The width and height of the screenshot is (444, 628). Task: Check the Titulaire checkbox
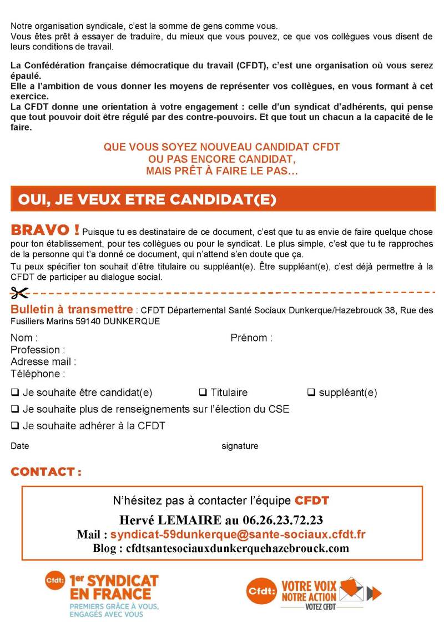[203, 393]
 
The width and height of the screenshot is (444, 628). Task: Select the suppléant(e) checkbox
[311, 393]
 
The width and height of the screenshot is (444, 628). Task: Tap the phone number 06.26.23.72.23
[282, 520]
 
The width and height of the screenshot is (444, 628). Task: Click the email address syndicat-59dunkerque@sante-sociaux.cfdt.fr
[238, 534]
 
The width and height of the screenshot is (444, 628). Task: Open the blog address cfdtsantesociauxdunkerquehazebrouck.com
[238, 548]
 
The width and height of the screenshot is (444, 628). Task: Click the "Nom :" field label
[24, 338]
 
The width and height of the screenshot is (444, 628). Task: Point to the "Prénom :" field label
[251, 338]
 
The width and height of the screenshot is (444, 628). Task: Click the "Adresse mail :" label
[43, 361]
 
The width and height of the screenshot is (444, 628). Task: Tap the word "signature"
[240, 446]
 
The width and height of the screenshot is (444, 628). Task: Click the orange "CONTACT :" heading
[46, 472]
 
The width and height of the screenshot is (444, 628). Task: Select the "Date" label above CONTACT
[20, 446]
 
